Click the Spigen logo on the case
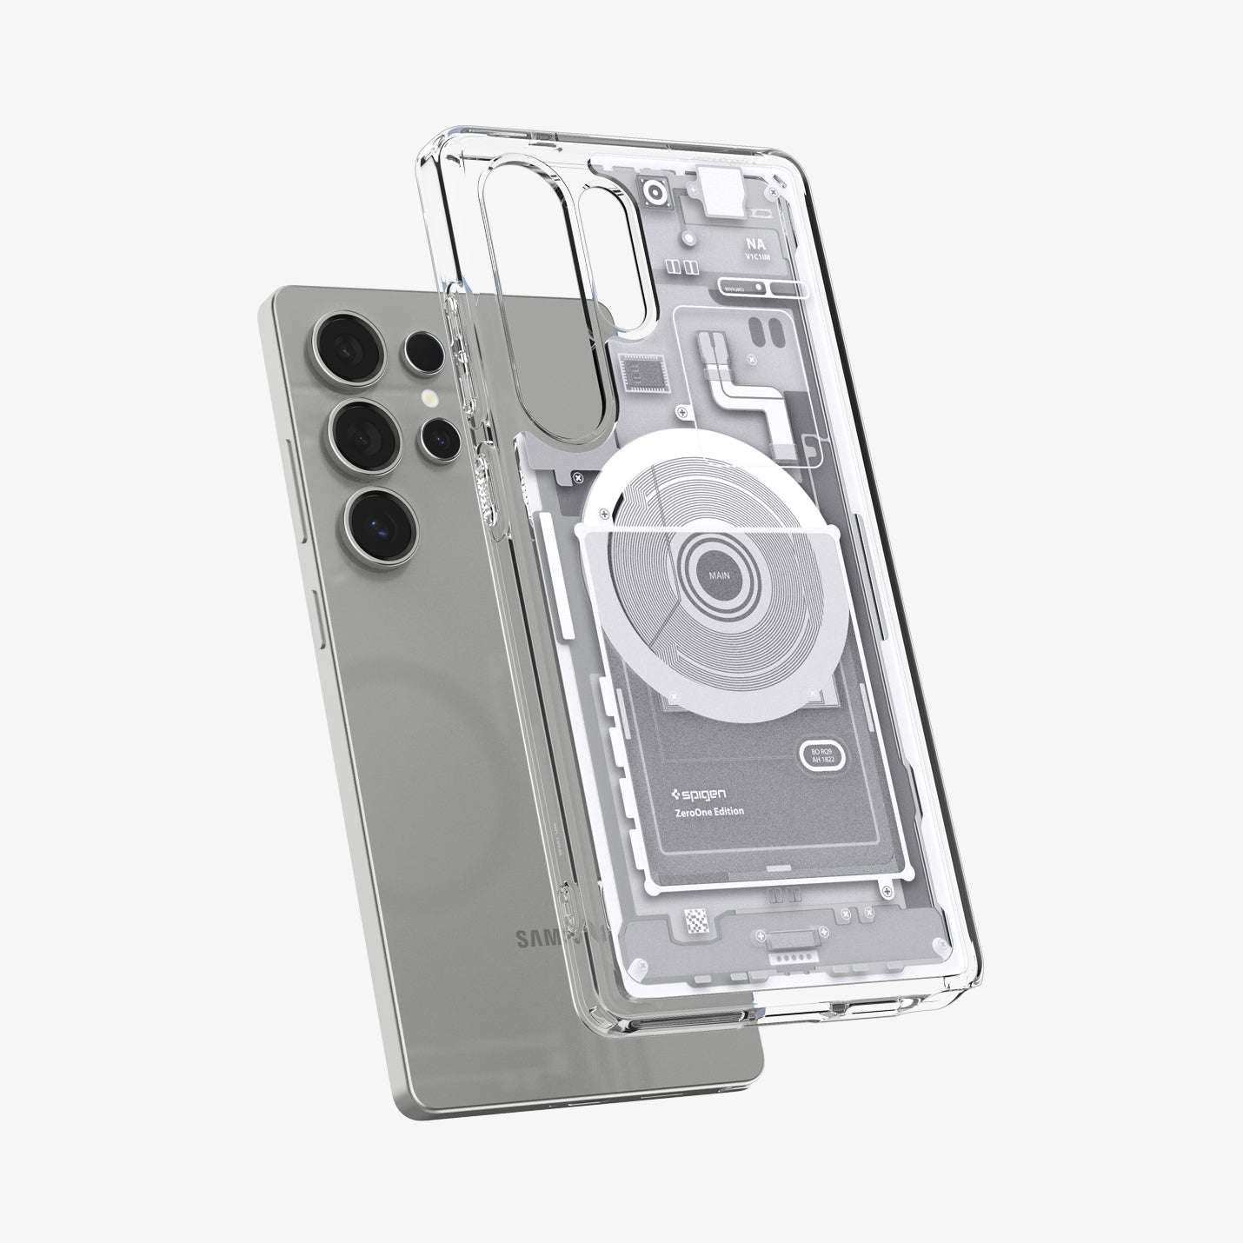(x=701, y=794)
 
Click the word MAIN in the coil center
(x=719, y=575)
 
